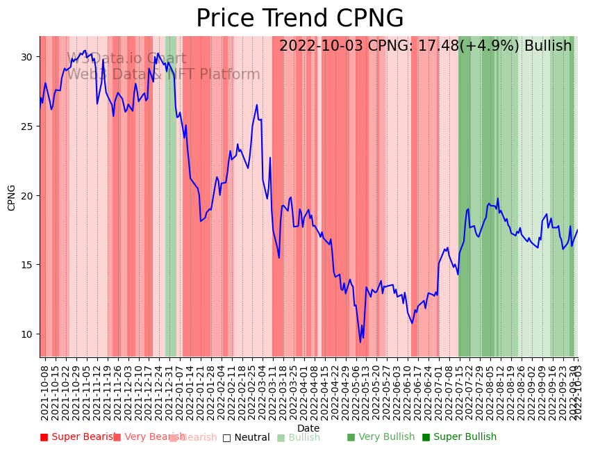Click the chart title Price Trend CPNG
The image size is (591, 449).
[299, 19]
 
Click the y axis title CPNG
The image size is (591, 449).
[12, 197]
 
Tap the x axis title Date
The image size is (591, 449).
[308, 428]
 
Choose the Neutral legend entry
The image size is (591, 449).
[247, 437]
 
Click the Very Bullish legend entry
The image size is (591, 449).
[381, 437]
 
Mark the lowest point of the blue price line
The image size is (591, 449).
[360, 342]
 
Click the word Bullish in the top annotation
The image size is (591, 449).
[548, 47]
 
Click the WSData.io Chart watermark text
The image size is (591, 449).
[126, 59]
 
